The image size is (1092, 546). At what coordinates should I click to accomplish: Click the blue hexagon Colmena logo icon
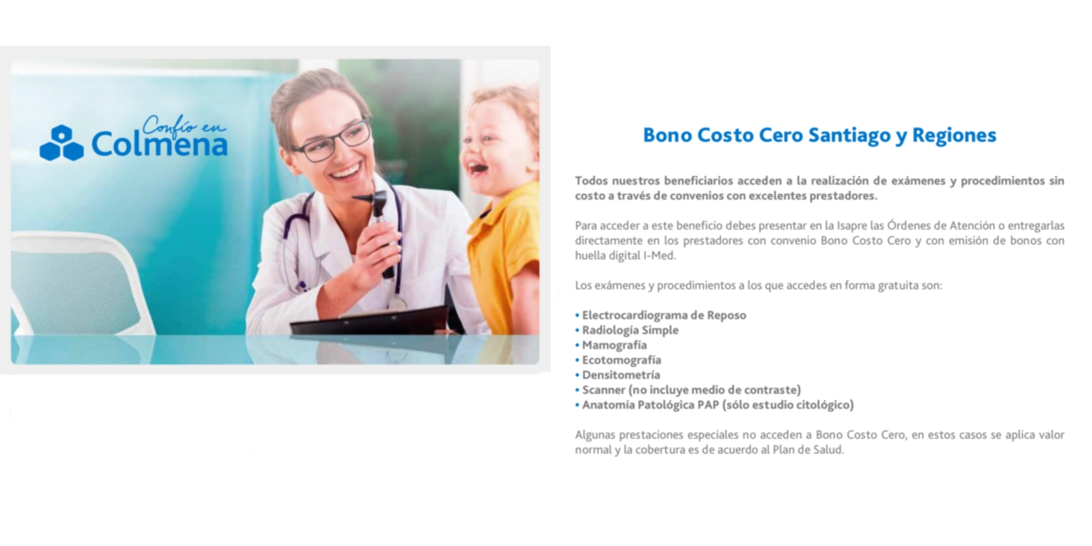pos(61,143)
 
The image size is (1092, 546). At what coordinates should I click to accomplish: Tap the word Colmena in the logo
pos(160,144)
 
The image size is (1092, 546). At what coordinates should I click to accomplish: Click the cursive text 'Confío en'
pos(184,126)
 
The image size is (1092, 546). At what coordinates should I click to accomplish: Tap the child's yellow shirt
pos(503,253)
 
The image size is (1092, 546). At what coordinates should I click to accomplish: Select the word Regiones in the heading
pos(954,136)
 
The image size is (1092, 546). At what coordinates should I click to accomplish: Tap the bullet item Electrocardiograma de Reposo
pos(664,315)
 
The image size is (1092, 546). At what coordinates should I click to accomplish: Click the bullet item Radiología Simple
pos(631,330)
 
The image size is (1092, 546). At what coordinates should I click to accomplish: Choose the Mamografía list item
pos(614,345)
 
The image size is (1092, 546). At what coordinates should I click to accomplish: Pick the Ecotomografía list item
pos(622,360)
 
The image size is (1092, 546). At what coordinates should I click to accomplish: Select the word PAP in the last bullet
pos(708,405)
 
